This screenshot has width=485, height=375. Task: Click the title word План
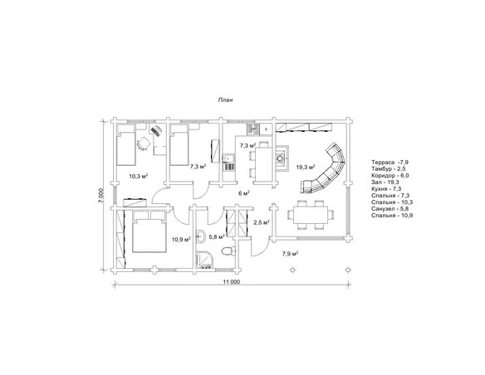point(226,100)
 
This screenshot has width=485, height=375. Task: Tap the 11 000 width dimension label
point(231,282)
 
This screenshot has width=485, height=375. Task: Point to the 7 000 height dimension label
point(101,195)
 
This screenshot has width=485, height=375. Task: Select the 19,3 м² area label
point(306,167)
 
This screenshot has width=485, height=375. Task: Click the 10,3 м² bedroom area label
point(138,177)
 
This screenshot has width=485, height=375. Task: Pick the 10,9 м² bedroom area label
point(181,239)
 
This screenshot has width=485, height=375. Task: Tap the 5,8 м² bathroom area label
point(217,237)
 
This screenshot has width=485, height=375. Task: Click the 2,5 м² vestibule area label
point(262,222)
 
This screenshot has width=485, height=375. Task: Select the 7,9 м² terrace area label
point(290,254)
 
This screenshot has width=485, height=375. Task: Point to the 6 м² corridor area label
point(244,193)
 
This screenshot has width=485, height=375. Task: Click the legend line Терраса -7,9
point(388,162)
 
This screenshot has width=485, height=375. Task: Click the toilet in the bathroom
point(228,251)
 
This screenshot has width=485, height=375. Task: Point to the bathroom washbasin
point(200,236)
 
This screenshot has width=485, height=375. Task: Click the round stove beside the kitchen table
point(280,158)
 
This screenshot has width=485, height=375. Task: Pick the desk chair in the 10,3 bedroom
point(143,144)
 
